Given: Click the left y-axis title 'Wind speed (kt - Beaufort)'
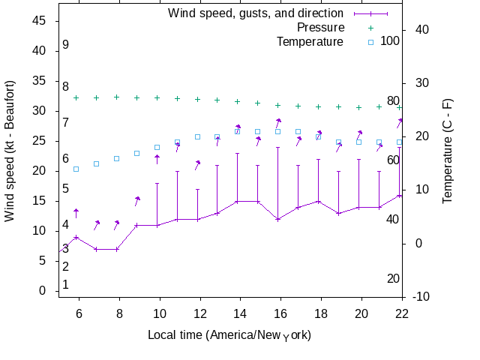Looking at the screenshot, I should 10,151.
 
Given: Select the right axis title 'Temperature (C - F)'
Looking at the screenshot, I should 447,151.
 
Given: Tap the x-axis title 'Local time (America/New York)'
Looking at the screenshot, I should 229,334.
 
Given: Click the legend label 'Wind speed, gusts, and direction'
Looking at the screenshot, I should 255,13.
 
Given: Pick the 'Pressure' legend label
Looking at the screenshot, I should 321,27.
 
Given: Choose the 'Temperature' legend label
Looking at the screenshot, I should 309,41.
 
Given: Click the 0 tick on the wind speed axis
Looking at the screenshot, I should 43,291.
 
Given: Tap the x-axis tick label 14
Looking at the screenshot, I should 239,313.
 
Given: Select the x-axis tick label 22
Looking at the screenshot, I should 402,313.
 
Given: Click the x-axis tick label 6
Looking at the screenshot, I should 79,313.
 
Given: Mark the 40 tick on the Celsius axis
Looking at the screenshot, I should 421,30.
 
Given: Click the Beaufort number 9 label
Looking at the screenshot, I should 66,45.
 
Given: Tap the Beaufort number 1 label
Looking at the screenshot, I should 66,285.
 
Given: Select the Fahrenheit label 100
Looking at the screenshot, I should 390,40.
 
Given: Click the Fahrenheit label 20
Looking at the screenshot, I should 393,279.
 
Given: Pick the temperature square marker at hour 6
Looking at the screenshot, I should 76,169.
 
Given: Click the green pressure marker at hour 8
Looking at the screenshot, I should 116,97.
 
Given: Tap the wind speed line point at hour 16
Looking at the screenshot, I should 278,219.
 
